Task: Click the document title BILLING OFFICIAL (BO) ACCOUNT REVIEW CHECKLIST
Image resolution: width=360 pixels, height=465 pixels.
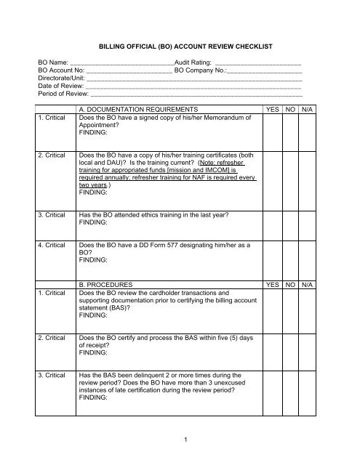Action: point(180,46)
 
